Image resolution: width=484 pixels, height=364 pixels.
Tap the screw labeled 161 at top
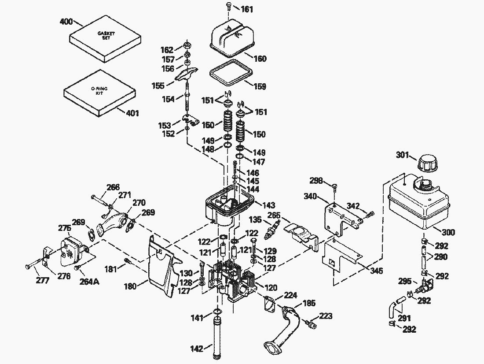tap(228, 6)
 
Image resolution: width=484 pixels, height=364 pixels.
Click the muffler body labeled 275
tap(71, 252)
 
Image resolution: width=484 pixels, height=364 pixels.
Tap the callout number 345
tap(376, 270)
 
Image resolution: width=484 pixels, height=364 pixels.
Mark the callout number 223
tap(326, 316)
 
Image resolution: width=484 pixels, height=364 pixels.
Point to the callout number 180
tap(130, 286)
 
